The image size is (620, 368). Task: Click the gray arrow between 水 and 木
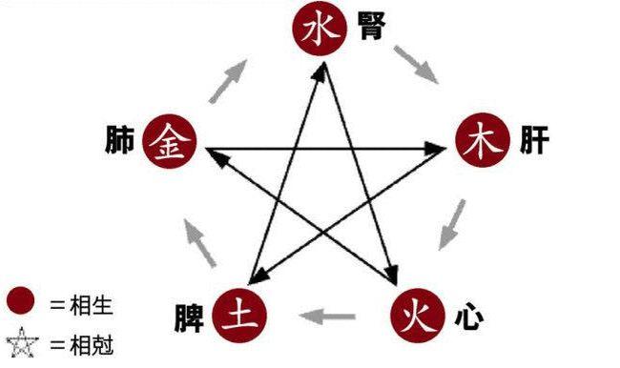click(x=416, y=64)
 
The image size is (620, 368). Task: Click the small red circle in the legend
click(x=21, y=302)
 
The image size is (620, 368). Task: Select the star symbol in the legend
click(x=21, y=341)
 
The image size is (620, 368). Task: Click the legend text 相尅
click(x=80, y=342)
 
